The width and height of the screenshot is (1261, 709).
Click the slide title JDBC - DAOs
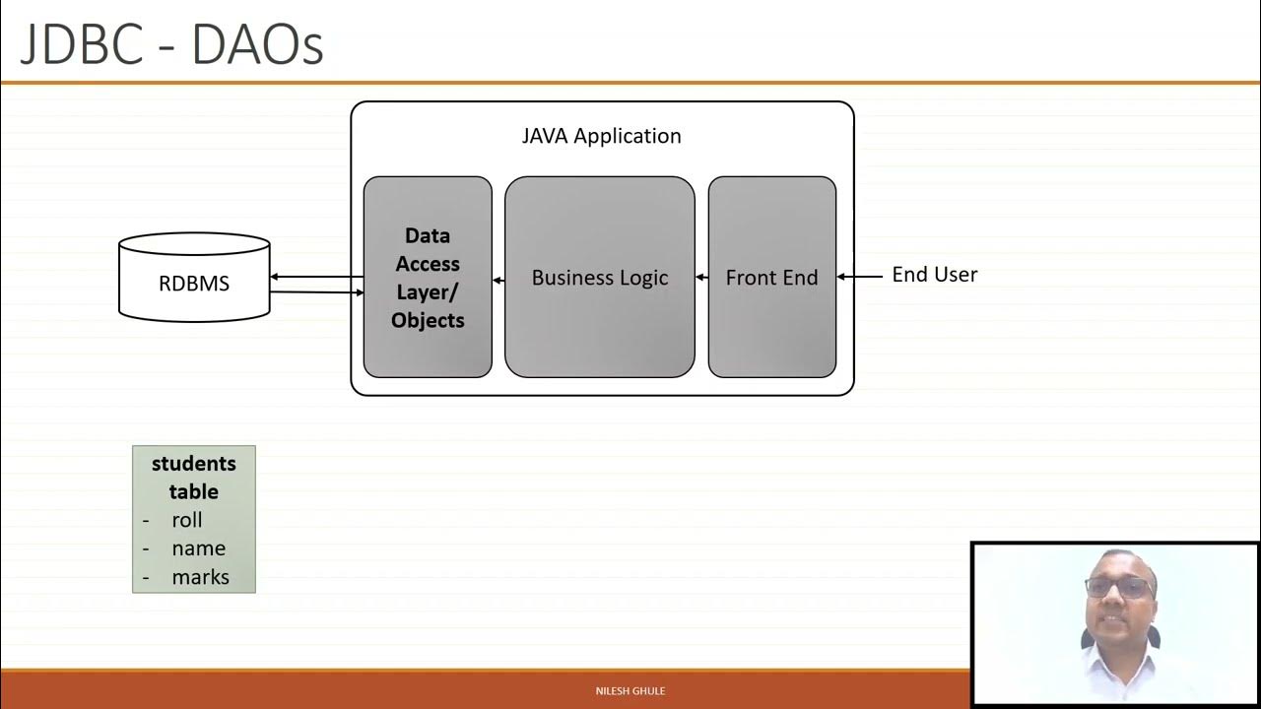171,45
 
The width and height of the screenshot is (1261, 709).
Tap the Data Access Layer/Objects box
428,277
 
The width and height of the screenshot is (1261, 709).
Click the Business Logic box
599,277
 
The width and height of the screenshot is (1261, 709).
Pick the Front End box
771,277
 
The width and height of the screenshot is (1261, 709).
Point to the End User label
934,275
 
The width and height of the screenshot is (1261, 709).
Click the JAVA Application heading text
601,136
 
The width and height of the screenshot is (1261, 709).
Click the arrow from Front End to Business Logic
701,278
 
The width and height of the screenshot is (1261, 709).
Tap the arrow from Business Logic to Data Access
498,281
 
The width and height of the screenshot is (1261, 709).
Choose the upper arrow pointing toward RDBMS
316,278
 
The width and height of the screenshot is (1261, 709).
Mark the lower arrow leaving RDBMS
316,291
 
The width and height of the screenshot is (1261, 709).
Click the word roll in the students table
186,520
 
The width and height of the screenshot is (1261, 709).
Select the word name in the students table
198,548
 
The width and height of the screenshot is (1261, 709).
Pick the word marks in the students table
200,577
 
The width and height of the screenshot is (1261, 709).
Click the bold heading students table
194,477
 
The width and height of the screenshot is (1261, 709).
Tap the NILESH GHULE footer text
630,691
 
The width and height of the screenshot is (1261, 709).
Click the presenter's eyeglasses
1120,588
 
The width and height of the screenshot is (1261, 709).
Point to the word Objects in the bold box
428,320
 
